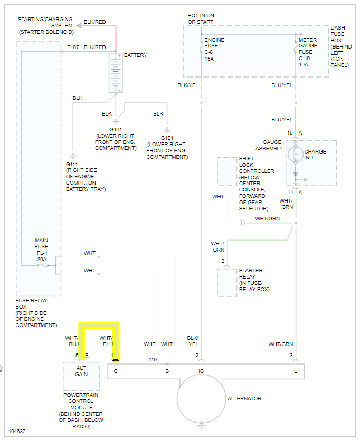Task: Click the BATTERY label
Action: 136,55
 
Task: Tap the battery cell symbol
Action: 116,72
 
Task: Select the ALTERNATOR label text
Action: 244,398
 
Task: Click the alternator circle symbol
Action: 201,398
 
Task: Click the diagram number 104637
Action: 16,431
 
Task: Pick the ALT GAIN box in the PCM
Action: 81,371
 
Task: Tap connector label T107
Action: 73,47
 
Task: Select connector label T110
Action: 151,359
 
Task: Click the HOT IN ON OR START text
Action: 201,18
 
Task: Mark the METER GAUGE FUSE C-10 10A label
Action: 308,52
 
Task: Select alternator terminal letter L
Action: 295,371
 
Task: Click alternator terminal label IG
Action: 201,371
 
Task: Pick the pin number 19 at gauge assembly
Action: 289,133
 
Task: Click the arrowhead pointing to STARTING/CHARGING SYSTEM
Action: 79,24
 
